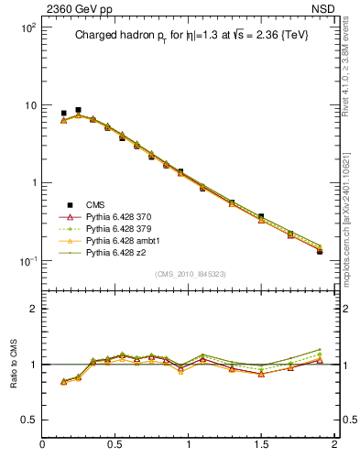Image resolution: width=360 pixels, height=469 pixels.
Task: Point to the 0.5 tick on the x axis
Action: coord(116,446)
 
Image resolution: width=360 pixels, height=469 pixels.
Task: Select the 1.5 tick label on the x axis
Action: coord(262,446)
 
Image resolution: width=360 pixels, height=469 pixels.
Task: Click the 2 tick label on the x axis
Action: coord(334,446)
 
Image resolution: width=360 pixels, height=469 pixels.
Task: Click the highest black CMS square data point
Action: coord(78,110)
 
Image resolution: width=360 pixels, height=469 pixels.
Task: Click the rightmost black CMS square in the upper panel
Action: coord(320,251)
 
